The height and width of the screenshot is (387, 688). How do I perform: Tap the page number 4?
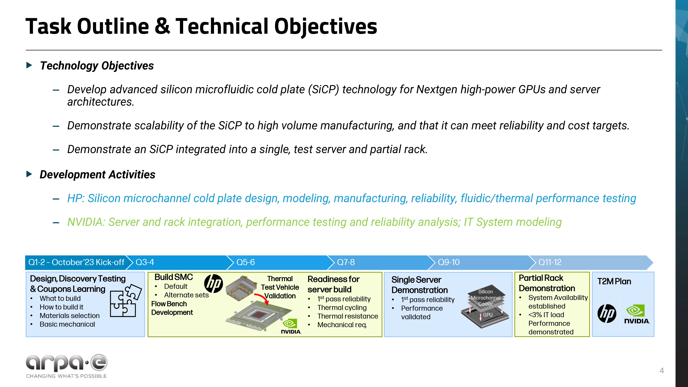[662, 370]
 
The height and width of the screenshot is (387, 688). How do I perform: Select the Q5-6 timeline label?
[245, 262]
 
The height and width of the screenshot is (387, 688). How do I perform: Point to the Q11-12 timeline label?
[550, 262]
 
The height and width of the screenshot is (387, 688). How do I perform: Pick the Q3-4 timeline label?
[145, 262]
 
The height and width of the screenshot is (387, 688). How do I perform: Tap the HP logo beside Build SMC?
[214, 283]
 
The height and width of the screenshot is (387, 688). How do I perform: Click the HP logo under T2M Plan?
[607, 313]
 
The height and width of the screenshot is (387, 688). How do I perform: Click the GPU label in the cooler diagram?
[488, 315]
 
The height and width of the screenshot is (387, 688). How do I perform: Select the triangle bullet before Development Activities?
[29, 174]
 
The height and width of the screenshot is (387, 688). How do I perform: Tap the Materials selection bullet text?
[69, 316]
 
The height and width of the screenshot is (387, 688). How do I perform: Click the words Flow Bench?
[169, 304]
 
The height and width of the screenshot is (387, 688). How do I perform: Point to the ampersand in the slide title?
[162, 26]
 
